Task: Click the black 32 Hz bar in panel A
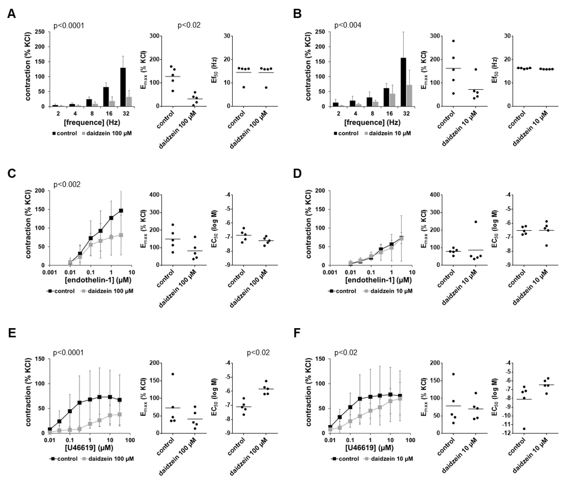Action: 123,87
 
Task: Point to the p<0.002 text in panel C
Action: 67,185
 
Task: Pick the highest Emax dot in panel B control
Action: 453,41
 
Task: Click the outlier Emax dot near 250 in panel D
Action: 476,222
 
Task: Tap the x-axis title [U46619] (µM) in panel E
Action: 89,447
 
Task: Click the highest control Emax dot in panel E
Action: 173,374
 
